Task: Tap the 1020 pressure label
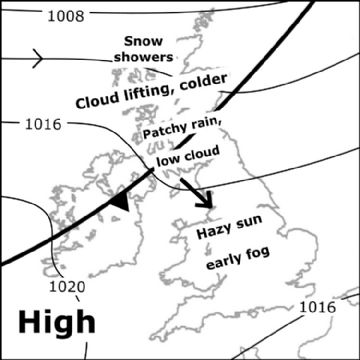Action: click(x=68, y=287)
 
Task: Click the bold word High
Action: click(x=57, y=322)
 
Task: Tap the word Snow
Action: click(x=143, y=41)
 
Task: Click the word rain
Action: click(x=216, y=121)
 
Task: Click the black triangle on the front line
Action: click(x=120, y=201)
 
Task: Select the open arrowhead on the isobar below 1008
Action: click(x=36, y=58)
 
